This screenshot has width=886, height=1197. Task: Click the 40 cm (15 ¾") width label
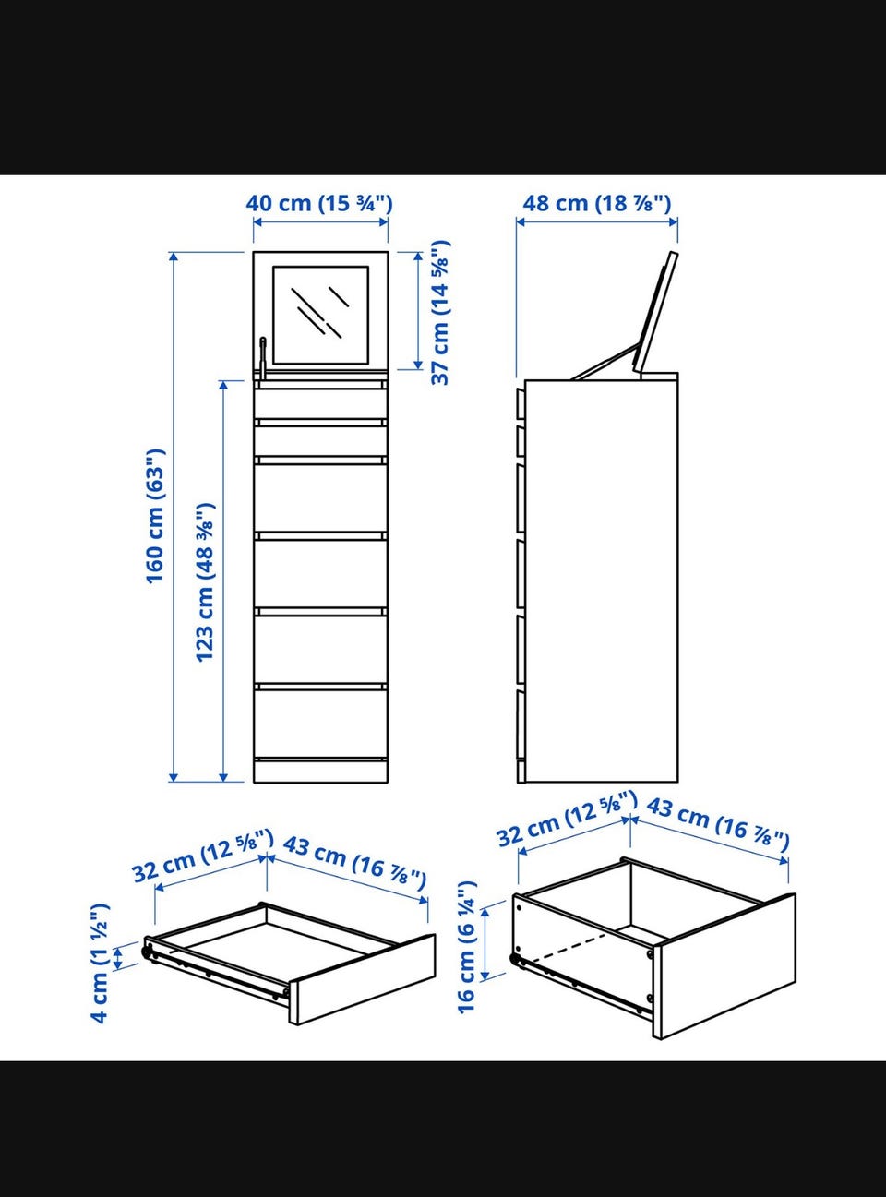(319, 204)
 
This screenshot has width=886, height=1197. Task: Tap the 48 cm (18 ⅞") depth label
(596, 204)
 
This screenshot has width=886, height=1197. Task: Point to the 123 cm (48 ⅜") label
(205, 581)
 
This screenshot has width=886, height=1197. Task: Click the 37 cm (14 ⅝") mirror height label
(440, 313)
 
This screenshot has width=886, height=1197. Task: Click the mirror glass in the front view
(320, 315)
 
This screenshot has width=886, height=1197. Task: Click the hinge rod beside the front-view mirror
(262, 358)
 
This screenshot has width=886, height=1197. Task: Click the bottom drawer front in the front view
(320, 724)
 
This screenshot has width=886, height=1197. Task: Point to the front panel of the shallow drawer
(363, 978)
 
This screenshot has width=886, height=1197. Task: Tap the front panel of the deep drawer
(724, 969)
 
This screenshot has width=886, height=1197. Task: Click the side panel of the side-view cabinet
(602, 581)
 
